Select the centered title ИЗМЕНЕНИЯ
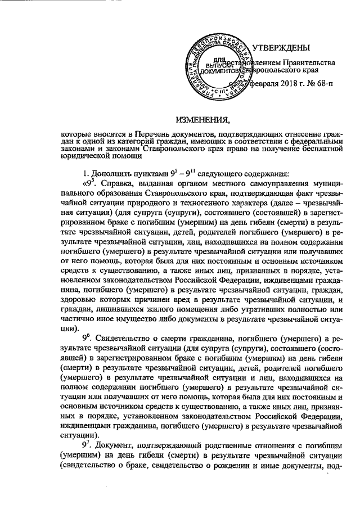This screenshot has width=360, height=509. (x=203, y=120)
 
